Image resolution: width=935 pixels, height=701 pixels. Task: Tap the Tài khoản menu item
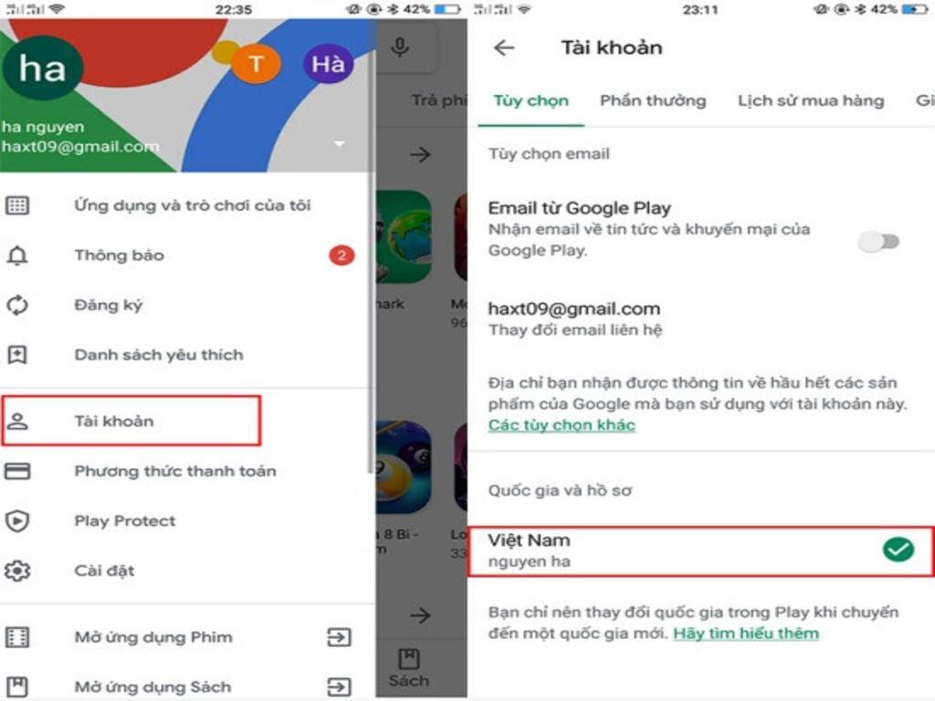pyautogui.click(x=114, y=421)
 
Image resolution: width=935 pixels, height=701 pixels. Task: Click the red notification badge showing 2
pyautogui.click(x=341, y=256)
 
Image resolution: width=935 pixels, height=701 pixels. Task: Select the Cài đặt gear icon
pyautogui.click(x=17, y=570)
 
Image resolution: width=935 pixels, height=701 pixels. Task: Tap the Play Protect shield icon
pyautogui.click(x=17, y=521)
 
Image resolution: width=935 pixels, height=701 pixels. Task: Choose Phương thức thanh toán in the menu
pyautogui.click(x=174, y=471)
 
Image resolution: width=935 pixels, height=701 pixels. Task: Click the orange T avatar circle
pyautogui.click(x=257, y=63)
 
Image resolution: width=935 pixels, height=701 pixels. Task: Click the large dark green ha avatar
pyautogui.click(x=43, y=68)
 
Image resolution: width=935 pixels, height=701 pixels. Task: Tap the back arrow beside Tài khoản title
pyautogui.click(x=504, y=47)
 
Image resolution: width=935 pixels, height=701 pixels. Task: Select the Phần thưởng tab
pyautogui.click(x=653, y=100)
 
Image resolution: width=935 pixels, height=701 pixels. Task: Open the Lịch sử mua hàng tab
pyautogui.click(x=811, y=100)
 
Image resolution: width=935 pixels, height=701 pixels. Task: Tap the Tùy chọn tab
pyautogui.click(x=531, y=100)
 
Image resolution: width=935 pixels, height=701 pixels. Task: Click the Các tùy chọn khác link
pyautogui.click(x=562, y=425)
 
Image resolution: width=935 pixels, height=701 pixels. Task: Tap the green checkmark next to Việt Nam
pyautogui.click(x=898, y=549)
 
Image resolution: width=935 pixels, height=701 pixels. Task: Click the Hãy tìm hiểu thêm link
pyautogui.click(x=746, y=633)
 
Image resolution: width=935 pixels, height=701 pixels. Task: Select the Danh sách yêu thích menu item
pyautogui.click(x=159, y=355)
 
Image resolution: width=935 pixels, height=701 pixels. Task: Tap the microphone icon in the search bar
pyautogui.click(x=400, y=47)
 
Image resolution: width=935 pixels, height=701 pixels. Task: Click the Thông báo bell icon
pyautogui.click(x=17, y=256)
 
